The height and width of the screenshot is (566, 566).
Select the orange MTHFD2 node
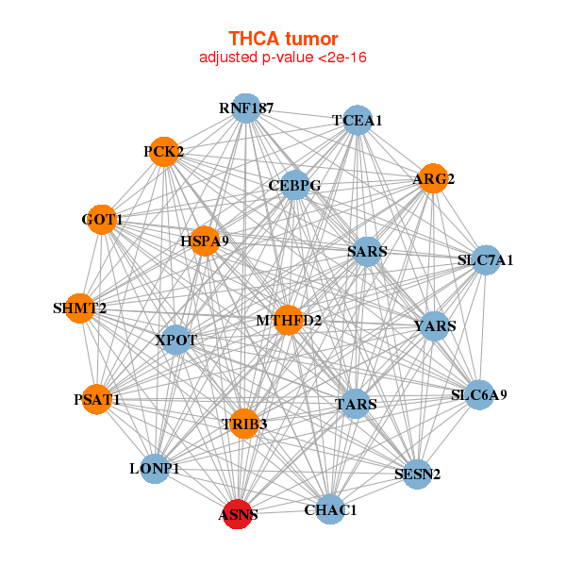point(288,321)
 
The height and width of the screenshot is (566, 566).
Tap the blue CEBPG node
point(295,185)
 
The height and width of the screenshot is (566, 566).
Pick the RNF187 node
point(245,108)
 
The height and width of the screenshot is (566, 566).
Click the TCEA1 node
point(357,120)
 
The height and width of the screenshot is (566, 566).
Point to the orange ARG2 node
point(432,178)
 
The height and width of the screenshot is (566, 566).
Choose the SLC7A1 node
point(485,259)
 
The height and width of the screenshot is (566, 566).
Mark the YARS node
point(434,326)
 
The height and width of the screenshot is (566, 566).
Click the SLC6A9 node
point(478,394)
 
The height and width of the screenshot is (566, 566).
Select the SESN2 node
point(417,474)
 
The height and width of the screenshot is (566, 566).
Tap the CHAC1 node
point(330,509)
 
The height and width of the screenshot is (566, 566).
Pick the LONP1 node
point(155,468)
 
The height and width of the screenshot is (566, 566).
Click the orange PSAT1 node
point(97,400)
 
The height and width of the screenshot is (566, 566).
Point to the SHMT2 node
point(80,308)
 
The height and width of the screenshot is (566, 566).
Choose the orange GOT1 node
point(102,221)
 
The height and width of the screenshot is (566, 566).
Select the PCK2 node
point(164,151)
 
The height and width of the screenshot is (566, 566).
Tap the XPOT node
point(175,339)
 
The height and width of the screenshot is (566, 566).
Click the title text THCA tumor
point(283,39)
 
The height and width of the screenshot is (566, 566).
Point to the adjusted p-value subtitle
point(283,58)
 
